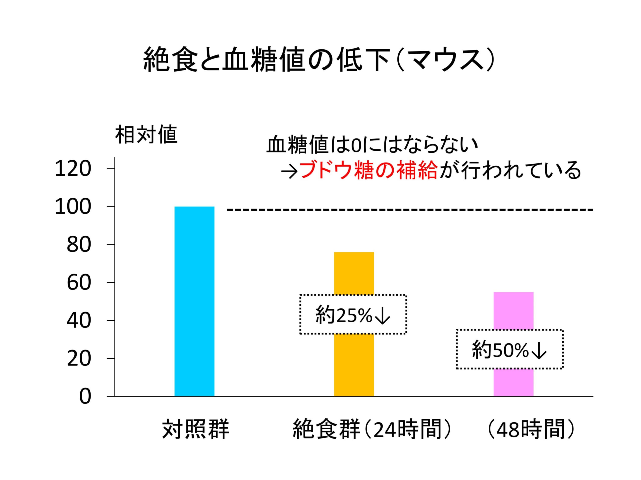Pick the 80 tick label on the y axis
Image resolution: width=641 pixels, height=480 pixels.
[x=79, y=245]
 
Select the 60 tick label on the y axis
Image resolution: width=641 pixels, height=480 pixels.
[x=79, y=283]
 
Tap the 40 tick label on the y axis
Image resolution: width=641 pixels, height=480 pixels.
[x=79, y=320]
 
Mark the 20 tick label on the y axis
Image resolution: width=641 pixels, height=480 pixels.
[x=79, y=358]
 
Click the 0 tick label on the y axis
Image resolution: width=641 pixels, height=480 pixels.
[x=85, y=397]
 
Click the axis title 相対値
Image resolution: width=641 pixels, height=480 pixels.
[x=146, y=135]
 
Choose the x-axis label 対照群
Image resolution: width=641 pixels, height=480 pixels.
[x=196, y=429]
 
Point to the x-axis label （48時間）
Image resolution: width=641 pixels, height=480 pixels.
[x=531, y=429]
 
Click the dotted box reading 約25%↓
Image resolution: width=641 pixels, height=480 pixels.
[x=353, y=315]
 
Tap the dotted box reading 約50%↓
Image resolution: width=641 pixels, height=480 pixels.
[x=510, y=349]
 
